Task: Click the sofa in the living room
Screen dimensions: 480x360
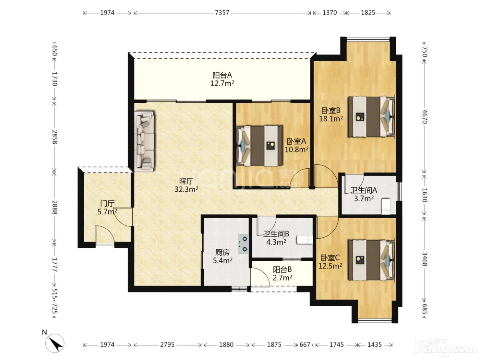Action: click(144, 141)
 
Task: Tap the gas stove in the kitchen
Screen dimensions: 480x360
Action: click(244, 244)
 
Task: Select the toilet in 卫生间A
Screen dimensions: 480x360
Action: click(385, 206)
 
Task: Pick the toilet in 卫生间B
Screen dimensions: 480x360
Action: click(304, 240)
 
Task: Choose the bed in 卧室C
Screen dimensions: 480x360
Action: click(371, 260)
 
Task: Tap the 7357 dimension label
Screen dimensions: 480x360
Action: click(222, 13)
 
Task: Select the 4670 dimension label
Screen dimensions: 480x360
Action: click(424, 117)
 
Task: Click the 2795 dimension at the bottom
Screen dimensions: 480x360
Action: click(167, 345)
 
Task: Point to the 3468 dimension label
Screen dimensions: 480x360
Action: click(424, 259)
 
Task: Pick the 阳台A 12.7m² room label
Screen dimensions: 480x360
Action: click(222, 79)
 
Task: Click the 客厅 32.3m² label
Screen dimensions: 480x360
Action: click(186, 185)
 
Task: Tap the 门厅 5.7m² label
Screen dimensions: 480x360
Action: click(107, 208)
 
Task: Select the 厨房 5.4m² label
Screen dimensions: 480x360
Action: click(223, 256)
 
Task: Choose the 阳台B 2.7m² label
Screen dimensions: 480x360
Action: click(282, 274)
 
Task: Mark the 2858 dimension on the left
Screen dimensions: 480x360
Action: click(55, 137)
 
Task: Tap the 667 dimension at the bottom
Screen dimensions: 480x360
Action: click(305, 345)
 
